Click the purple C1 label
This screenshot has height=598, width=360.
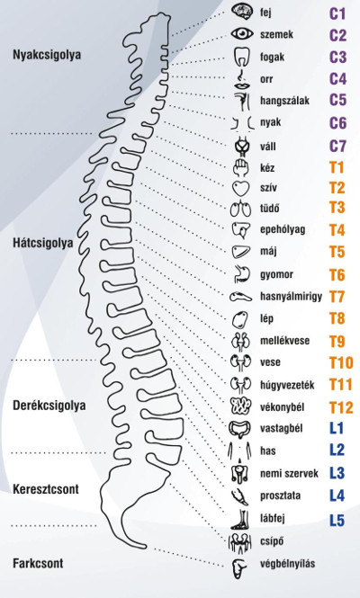click(x=337, y=13)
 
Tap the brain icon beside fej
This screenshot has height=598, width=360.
click(x=242, y=12)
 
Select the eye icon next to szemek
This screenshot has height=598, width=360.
click(x=242, y=34)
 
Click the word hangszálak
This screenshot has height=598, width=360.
click(x=284, y=101)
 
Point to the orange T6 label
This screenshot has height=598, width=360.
click(x=337, y=275)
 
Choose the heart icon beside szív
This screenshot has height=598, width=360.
click(x=241, y=189)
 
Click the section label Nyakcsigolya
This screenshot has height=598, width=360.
click(x=47, y=55)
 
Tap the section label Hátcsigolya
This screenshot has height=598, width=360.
click(x=43, y=243)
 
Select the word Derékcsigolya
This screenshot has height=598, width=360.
click(x=49, y=406)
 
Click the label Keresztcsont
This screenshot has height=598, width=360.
click(x=46, y=489)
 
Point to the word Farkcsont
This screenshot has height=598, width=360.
click(x=38, y=563)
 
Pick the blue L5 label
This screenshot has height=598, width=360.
click(x=337, y=521)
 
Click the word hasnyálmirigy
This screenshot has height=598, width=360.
click(x=292, y=297)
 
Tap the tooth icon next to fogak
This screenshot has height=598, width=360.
click(x=241, y=57)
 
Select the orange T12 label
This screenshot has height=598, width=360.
click(x=341, y=407)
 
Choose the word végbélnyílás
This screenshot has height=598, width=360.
click(x=288, y=564)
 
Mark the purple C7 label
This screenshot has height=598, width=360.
click(x=337, y=146)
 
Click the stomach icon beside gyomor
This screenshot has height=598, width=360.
click(x=242, y=274)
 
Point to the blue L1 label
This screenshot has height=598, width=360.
click(x=337, y=428)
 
